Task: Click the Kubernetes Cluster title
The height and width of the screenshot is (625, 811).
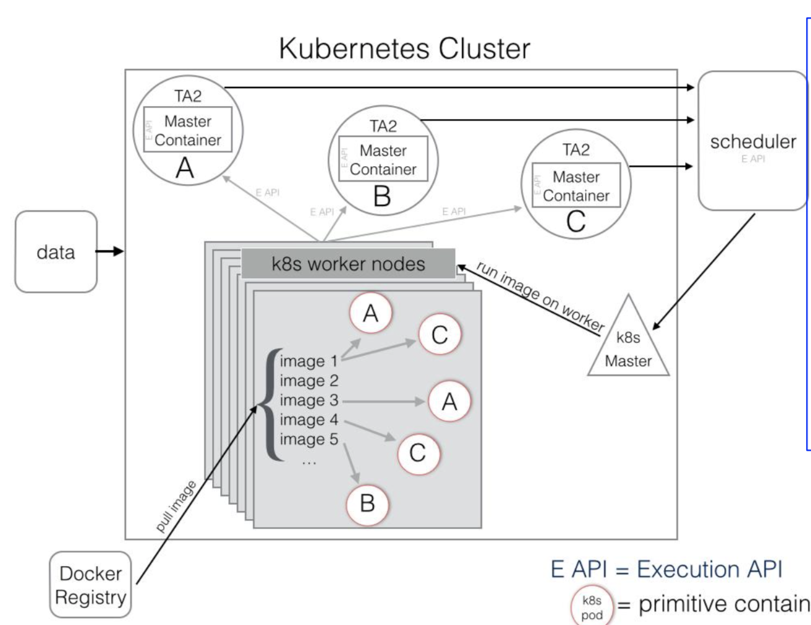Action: click(404, 48)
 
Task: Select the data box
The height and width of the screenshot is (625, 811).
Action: click(56, 252)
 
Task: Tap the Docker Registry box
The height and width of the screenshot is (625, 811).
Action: click(91, 585)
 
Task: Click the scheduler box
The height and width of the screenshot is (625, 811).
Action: click(753, 141)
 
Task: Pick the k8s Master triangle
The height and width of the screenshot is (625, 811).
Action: click(628, 344)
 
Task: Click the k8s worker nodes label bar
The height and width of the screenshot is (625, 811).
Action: click(348, 264)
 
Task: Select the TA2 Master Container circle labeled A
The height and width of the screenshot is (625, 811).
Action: click(188, 130)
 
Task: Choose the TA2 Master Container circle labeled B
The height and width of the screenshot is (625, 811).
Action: click(383, 160)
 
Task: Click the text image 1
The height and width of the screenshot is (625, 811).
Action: click(309, 361)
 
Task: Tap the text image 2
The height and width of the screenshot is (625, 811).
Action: click(309, 381)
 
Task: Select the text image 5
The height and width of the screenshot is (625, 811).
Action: click(309, 439)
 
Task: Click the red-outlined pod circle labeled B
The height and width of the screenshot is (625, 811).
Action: click(367, 503)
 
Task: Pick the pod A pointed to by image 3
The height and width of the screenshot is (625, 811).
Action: click(450, 402)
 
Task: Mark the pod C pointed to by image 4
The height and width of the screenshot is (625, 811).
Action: click(417, 453)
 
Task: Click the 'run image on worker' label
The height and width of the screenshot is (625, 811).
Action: click(539, 296)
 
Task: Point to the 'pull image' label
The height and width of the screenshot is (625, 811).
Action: click(175, 507)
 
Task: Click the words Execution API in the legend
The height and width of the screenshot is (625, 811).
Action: click(709, 569)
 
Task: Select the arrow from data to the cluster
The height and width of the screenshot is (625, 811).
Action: click(110, 251)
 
